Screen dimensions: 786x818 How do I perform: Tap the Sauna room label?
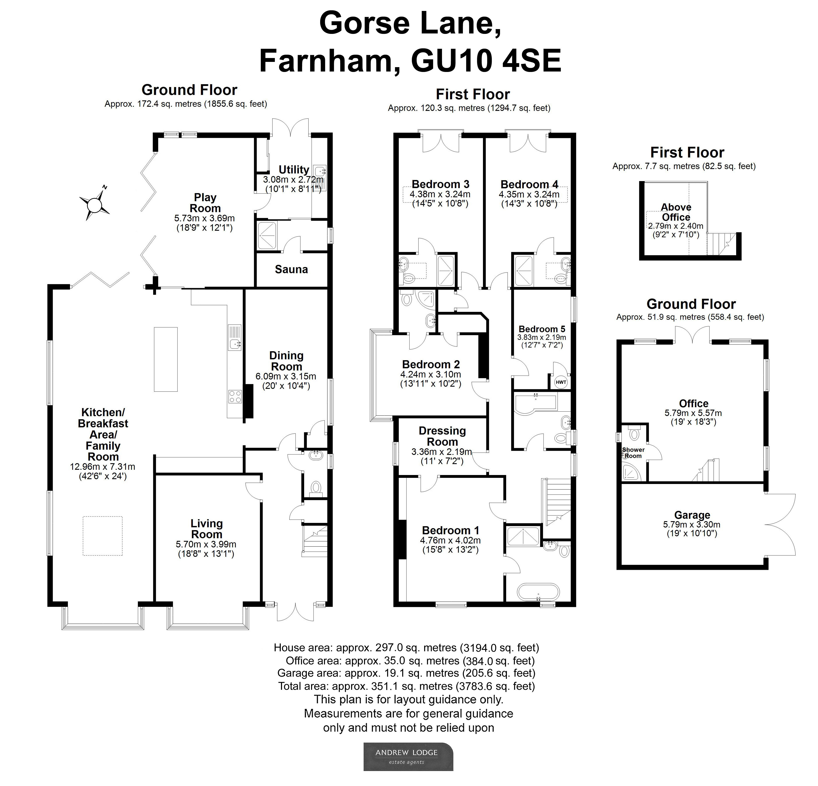tap(291, 269)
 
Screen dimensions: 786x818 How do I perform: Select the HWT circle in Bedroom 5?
tap(561, 382)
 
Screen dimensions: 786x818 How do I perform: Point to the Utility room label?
tap(294, 170)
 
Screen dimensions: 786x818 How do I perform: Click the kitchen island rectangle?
tap(166, 359)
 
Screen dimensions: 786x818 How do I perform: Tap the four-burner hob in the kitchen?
tap(235, 396)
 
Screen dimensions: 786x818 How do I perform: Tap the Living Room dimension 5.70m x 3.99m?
tap(206, 544)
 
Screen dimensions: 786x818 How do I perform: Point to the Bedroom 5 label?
tap(542, 329)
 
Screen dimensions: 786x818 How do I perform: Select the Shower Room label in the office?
tap(633, 453)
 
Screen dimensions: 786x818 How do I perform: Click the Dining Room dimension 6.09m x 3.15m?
tap(286, 376)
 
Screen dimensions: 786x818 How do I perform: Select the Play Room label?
tap(205, 203)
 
